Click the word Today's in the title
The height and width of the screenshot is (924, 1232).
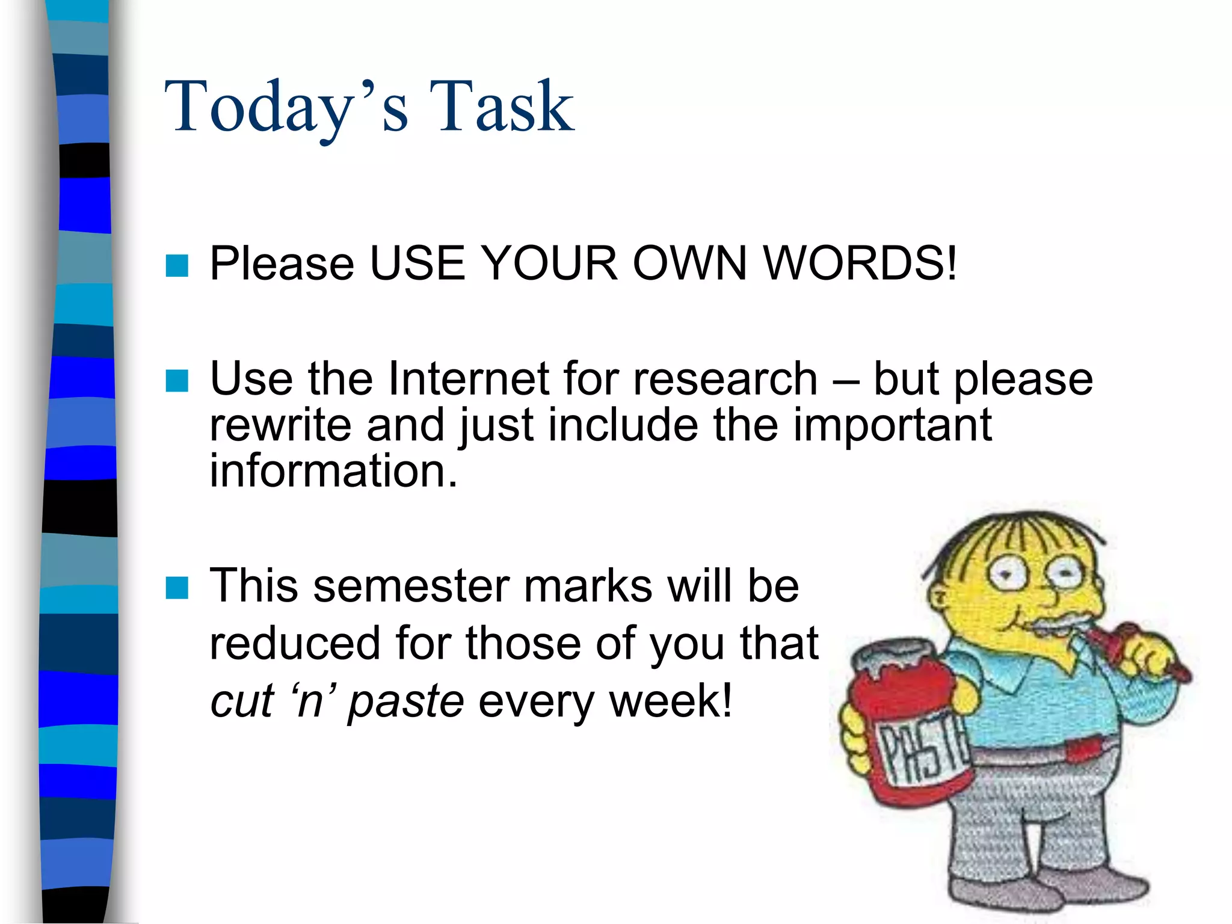pyautogui.click(x=286, y=108)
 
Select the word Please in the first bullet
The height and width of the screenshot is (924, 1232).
pyautogui.click(x=282, y=265)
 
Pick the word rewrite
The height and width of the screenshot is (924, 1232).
pyautogui.click(x=280, y=426)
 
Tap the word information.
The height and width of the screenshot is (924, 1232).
pyautogui.click(x=333, y=471)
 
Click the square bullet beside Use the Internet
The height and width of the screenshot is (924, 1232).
pyautogui.click(x=177, y=380)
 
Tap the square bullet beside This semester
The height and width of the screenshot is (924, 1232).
pyautogui.click(x=177, y=588)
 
